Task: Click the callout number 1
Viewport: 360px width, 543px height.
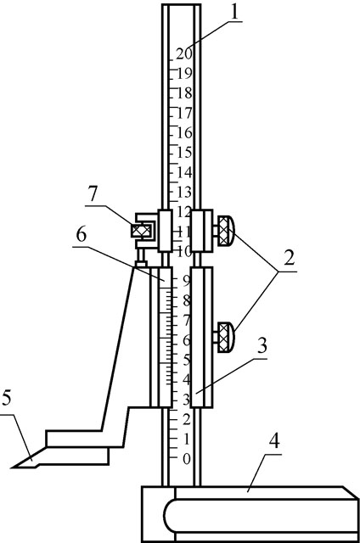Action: coord(234,12)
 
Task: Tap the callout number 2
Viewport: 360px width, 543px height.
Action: coord(289,258)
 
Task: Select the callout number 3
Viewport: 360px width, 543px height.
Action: coord(262,345)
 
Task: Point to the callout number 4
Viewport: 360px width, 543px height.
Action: coord(274,441)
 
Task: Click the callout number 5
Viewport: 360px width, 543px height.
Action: coord(6,398)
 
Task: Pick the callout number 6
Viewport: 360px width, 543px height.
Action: coord(81,235)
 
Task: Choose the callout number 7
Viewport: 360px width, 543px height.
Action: coord(93,193)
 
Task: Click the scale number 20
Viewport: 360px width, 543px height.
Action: coord(183,53)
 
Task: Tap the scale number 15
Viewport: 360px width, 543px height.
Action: coord(184,152)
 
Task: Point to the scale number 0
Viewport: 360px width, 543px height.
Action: coord(187,459)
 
